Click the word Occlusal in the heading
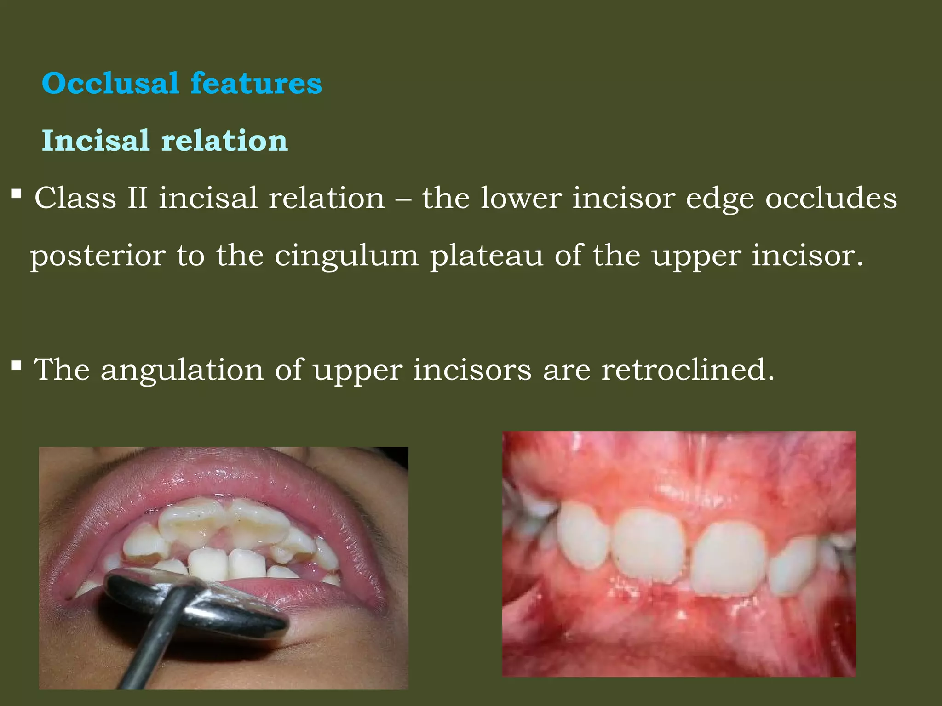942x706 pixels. tap(110, 84)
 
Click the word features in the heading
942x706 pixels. tap(256, 84)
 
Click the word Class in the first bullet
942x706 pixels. tap(75, 199)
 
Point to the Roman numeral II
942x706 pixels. tap(138, 199)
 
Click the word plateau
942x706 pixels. tap(487, 256)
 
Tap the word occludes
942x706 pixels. tap(831, 199)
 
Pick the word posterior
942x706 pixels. tap(98, 256)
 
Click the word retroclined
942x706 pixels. tap(688, 370)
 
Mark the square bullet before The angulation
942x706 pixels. tap(17, 365)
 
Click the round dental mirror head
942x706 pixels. tap(198, 600)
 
